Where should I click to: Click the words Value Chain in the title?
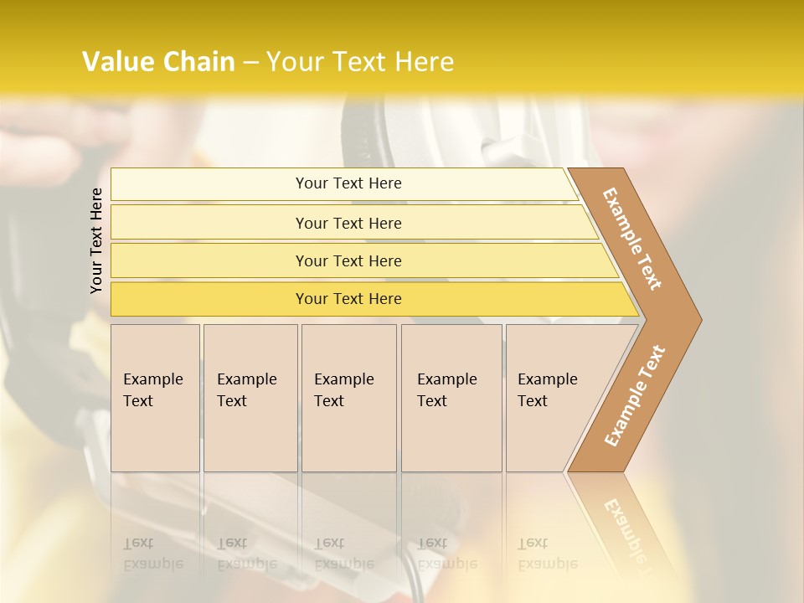[x=158, y=62]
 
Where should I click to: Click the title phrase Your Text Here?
[x=360, y=62]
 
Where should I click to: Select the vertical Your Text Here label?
[x=96, y=240]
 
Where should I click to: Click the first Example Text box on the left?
[x=155, y=398]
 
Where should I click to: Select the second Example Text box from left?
[x=250, y=398]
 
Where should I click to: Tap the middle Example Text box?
[x=348, y=398]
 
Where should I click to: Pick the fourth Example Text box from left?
[x=451, y=398]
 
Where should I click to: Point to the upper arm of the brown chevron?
[x=632, y=239]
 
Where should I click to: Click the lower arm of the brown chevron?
[x=634, y=396]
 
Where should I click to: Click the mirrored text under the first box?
[x=152, y=554]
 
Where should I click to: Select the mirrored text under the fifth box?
[x=547, y=554]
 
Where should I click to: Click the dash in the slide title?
[x=250, y=63]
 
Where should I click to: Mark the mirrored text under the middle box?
[x=343, y=554]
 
